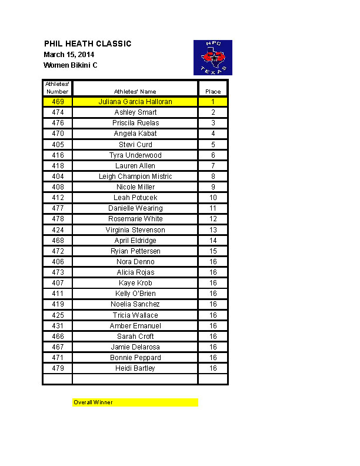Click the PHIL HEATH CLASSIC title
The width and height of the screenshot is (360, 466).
(88, 44)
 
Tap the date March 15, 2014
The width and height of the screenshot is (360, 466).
(69, 55)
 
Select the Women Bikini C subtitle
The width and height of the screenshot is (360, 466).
(71, 65)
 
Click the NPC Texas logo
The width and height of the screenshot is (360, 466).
(213, 58)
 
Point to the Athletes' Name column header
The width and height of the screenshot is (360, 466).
(135, 92)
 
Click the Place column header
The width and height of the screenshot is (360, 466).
(213, 92)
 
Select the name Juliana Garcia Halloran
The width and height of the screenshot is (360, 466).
(135, 102)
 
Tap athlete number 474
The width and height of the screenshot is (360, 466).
(58, 112)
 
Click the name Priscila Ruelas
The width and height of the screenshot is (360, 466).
(135, 123)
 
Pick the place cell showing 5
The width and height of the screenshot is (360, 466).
(213, 144)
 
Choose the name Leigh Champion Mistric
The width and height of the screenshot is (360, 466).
(135, 177)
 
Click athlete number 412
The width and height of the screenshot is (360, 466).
(58, 198)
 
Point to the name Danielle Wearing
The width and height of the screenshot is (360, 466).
(135, 208)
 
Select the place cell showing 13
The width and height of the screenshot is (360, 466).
(213, 230)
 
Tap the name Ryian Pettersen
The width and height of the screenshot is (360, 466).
(135, 251)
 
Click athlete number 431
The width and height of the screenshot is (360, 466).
(58, 326)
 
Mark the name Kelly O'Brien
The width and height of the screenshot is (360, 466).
(135, 294)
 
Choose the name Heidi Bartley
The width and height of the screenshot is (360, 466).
(135, 368)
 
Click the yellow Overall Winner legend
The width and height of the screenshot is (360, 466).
(135, 402)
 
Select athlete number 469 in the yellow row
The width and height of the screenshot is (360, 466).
(58, 102)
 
